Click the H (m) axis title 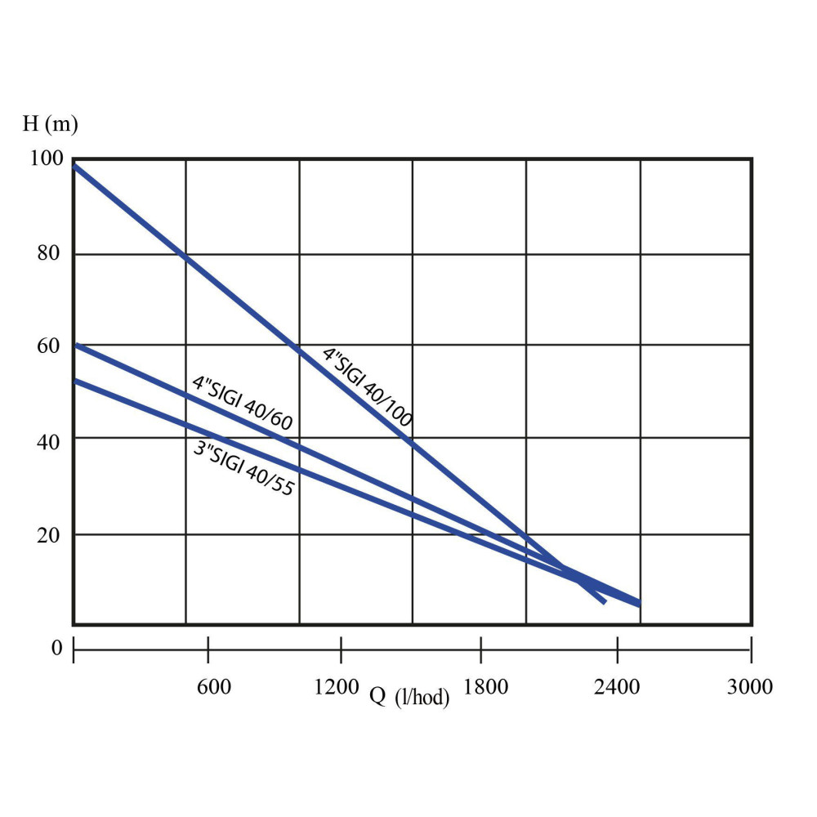point(50,124)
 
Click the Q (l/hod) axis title point(409,696)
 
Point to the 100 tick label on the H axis point(45,158)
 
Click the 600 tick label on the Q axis point(214,686)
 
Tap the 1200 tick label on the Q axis point(337,686)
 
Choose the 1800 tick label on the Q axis point(485,686)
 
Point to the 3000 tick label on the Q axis point(749,686)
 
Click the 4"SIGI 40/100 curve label point(367,388)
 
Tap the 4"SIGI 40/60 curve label point(242,403)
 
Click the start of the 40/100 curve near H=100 point(76,167)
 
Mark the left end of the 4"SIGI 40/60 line point(76,346)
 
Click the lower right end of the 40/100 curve point(603,601)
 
